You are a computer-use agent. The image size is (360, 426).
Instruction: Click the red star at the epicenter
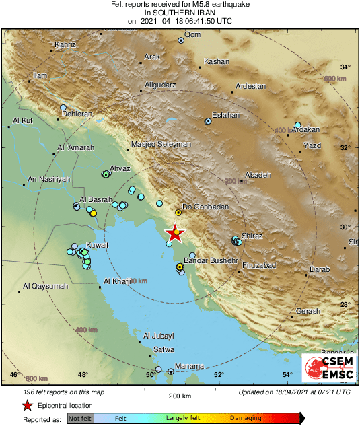(x=174, y=232)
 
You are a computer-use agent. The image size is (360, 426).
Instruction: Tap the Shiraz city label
(x=251, y=236)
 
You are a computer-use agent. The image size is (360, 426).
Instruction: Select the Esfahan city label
(x=226, y=115)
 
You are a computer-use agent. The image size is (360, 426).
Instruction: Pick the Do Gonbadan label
(x=206, y=207)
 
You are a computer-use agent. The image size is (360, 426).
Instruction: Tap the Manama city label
(x=189, y=366)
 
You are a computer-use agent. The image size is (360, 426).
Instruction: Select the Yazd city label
(x=313, y=145)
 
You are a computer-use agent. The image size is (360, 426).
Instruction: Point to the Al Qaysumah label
(x=45, y=287)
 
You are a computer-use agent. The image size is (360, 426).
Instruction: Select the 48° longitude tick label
(x=82, y=375)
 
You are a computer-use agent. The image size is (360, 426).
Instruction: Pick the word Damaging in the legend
(x=247, y=418)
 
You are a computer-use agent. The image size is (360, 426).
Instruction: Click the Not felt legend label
(x=80, y=418)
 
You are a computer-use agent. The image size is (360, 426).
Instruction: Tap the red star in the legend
(x=27, y=406)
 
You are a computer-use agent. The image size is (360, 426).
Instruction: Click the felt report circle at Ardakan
(x=297, y=125)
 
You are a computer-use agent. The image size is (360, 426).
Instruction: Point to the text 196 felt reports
(x=52, y=392)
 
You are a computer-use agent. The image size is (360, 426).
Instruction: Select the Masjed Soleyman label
(x=161, y=145)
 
